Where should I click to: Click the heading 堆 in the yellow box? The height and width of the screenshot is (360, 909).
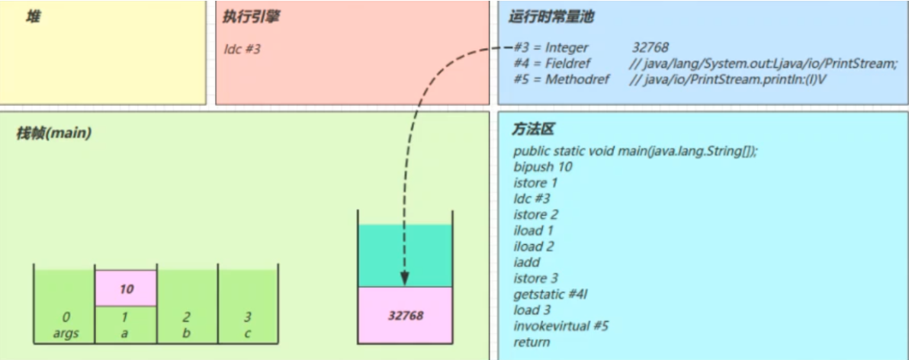[33, 16]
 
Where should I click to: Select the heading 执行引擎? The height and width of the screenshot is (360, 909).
[250, 16]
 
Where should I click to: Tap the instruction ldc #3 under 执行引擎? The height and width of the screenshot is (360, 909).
[243, 48]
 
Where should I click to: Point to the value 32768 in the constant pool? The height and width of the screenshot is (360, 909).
[650, 48]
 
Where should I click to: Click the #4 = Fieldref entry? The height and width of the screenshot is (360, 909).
[552, 64]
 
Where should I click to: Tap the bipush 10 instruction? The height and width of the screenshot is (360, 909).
[543, 166]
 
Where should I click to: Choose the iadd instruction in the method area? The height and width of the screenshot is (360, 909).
[527, 262]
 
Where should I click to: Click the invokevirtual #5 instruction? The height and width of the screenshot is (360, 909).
[560, 326]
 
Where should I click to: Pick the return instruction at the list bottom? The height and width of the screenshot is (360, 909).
[532, 342]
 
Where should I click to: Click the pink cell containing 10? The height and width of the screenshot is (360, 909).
[126, 289]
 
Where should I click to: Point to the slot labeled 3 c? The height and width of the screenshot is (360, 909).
[248, 324]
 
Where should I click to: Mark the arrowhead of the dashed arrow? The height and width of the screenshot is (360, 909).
[404, 278]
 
